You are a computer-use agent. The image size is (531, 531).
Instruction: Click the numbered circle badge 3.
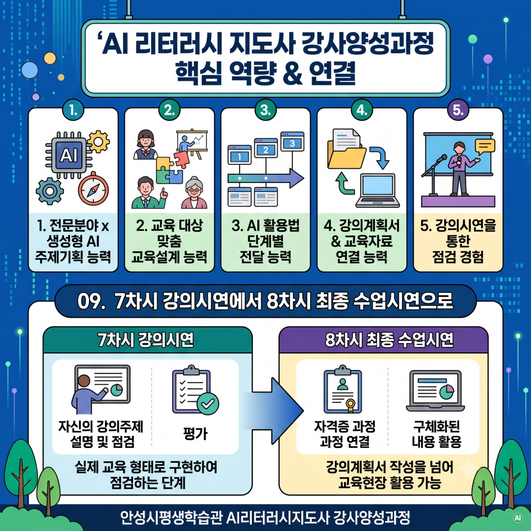coord(265,110)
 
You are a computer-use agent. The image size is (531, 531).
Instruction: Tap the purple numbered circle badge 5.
coord(458,110)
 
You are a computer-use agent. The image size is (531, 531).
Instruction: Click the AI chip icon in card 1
coord(69,155)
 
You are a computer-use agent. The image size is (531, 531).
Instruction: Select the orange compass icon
coord(93,189)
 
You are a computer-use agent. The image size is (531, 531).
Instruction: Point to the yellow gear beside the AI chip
coord(98,142)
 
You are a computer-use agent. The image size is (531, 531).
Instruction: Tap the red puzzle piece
coord(181,159)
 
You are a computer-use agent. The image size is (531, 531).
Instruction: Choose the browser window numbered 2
coord(266,148)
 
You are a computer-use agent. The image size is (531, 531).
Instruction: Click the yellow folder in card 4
coord(346,156)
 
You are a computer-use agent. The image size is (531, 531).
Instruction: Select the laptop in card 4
coord(378,191)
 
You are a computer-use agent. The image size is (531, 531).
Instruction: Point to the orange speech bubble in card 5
coord(485,146)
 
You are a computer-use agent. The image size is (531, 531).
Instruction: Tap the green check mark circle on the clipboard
coord(208,403)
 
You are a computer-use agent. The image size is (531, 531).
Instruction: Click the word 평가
coord(195,434)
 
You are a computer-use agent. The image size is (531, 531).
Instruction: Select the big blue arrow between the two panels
coord(274,411)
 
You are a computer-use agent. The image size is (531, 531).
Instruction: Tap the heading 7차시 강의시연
coord(146,340)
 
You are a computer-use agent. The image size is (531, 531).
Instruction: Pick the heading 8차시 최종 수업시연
coord(389,340)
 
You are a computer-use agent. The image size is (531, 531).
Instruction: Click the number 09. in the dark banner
coord(90,301)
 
